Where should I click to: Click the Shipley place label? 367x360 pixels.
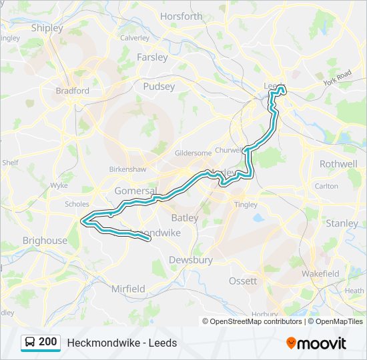47,28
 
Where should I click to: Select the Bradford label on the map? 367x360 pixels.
72,91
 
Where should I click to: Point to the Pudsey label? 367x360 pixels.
159,86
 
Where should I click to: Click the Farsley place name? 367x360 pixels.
152,57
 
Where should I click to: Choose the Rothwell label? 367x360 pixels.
338,163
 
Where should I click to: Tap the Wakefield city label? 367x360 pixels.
320,273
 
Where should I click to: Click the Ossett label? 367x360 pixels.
243,281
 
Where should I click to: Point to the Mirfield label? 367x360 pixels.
128,289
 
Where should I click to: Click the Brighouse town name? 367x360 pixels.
45,241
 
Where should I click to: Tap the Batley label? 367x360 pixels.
184,217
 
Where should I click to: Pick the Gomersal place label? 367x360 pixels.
135,191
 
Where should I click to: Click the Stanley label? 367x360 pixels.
342,223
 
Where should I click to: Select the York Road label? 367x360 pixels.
337,78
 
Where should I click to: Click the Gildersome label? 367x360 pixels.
192,153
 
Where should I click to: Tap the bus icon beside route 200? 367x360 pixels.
30,343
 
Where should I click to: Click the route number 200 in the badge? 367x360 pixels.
47,342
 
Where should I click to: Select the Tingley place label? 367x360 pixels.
246,205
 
